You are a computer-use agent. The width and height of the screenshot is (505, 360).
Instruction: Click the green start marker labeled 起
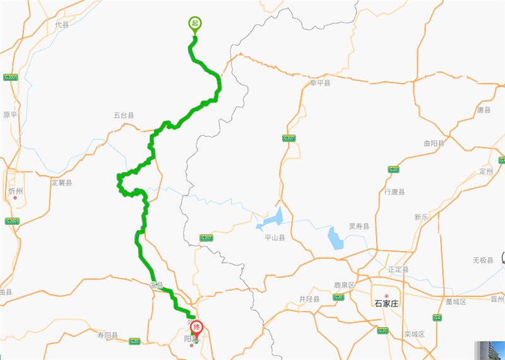click(194, 24)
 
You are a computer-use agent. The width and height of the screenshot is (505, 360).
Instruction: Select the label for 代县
click(62, 25)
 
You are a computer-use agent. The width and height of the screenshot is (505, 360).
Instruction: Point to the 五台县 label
click(124, 116)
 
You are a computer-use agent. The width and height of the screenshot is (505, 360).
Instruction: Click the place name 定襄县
click(62, 183)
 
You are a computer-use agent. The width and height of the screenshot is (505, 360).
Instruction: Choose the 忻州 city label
click(15, 191)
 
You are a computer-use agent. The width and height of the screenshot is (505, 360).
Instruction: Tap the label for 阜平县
click(320, 83)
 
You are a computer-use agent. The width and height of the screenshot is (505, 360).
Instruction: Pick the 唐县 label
click(484, 110)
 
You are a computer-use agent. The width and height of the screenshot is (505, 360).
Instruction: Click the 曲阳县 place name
click(434, 144)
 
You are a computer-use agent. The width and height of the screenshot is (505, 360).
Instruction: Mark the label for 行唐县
click(395, 191)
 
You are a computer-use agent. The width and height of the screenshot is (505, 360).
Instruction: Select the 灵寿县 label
click(359, 226)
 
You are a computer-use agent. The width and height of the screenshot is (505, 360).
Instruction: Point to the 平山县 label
click(275, 238)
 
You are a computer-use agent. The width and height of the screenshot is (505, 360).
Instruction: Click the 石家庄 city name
click(386, 303)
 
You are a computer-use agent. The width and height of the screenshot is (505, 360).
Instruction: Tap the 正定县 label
click(398, 270)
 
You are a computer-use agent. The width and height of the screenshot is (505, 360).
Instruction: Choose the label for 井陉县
click(309, 299)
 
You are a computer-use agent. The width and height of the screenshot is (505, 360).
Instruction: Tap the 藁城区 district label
click(456, 302)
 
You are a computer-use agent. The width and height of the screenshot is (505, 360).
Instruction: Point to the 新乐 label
click(422, 217)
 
